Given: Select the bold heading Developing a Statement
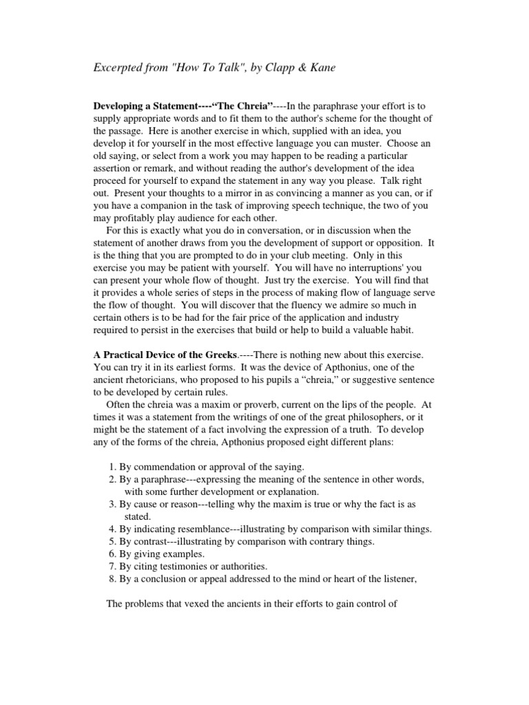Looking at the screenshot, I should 145,105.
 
